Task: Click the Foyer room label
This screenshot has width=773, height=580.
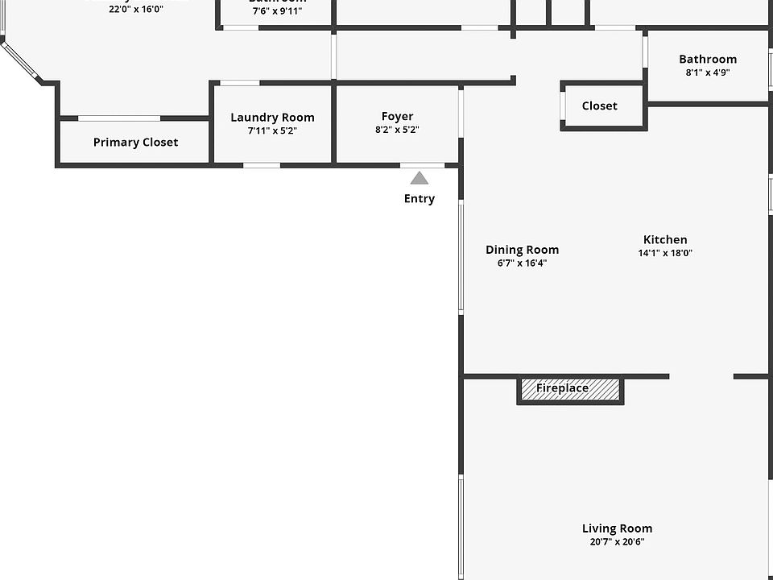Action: [397, 117]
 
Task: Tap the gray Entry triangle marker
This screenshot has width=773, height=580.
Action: [420, 178]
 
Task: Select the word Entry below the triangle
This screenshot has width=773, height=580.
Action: [420, 199]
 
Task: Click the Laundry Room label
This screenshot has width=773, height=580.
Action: [272, 118]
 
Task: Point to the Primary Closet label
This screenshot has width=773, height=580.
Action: [135, 143]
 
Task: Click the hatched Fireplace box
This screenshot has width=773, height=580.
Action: [570, 389]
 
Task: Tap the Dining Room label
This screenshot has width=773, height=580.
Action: [522, 250]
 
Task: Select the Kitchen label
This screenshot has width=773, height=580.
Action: [665, 239]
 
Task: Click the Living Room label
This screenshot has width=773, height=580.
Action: [617, 528]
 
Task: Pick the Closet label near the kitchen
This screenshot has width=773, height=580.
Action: [599, 106]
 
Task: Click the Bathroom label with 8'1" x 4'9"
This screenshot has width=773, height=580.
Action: [708, 59]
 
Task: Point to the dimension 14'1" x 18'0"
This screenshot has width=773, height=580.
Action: [665, 253]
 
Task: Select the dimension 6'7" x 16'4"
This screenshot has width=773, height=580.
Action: [522, 263]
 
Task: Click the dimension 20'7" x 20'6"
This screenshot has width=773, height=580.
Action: [617, 542]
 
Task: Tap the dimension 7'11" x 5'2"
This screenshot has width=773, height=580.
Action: [272, 130]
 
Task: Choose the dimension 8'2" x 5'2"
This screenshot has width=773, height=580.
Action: [397, 130]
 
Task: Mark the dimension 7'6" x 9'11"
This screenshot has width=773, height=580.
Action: [277, 11]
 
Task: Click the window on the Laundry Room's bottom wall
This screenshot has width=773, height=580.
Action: [262, 166]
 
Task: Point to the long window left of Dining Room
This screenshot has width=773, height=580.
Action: [461, 256]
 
